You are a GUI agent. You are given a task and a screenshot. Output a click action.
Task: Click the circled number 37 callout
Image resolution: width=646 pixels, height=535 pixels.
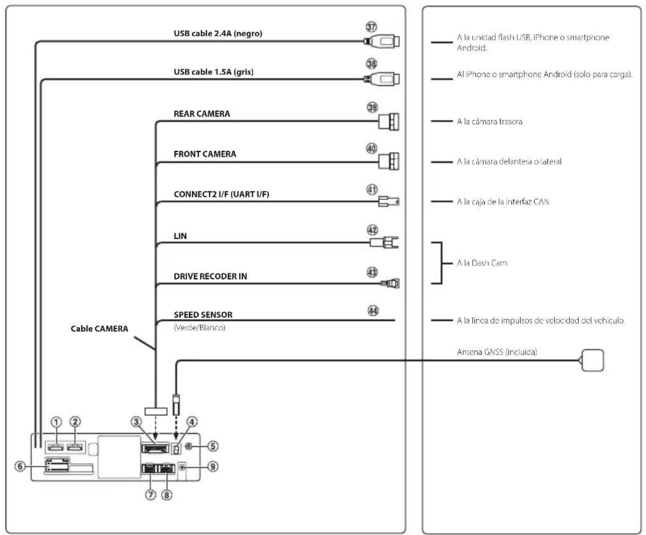[x=371, y=27]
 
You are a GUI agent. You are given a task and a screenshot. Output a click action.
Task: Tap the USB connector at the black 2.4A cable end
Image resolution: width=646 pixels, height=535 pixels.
[x=382, y=41]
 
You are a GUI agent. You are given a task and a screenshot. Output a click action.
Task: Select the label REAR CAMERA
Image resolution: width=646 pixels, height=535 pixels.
[x=202, y=114]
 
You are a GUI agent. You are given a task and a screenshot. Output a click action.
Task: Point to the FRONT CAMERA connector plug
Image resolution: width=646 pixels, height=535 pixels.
[x=389, y=161]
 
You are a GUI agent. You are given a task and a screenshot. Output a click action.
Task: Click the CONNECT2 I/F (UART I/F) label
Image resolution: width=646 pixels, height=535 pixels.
[x=221, y=194]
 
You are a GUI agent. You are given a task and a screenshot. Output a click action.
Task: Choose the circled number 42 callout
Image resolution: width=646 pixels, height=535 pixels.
[x=372, y=230]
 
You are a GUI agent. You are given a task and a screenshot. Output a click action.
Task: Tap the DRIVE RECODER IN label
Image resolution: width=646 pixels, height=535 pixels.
[x=211, y=276]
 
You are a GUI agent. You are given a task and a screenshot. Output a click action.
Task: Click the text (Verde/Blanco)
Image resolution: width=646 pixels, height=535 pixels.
[x=199, y=327]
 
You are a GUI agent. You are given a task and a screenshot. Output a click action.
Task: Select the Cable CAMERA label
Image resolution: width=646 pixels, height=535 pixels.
[x=99, y=328]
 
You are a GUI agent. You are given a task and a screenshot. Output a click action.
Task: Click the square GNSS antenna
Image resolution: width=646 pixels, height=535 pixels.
[x=593, y=360]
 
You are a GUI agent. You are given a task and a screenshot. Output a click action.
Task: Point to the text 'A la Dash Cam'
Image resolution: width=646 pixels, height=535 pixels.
[x=482, y=263]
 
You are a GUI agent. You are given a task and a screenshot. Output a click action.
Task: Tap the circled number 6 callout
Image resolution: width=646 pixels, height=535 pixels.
[x=20, y=466]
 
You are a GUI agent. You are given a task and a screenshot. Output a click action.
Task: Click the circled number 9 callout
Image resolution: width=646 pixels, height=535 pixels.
[x=212, y=467]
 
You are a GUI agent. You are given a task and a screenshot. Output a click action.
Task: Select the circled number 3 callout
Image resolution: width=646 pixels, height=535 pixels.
[x=136, y=422]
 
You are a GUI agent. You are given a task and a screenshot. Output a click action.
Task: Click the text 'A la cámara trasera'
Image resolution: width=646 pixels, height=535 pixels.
[x=489, y=121]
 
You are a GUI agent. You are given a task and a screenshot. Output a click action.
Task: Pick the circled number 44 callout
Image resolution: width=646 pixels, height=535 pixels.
[x=373, y=310]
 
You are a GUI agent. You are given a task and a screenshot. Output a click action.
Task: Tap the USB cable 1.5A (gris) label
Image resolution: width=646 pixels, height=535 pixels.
[x=213, y=72]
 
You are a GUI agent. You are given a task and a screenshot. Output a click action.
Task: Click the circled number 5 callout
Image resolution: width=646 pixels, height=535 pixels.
[x=212, y=446]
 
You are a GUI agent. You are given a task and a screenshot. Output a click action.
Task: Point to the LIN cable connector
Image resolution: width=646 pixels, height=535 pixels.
[x=384, y=242]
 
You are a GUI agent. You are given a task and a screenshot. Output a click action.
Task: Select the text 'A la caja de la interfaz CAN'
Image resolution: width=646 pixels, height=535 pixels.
[x=503, y=202]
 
